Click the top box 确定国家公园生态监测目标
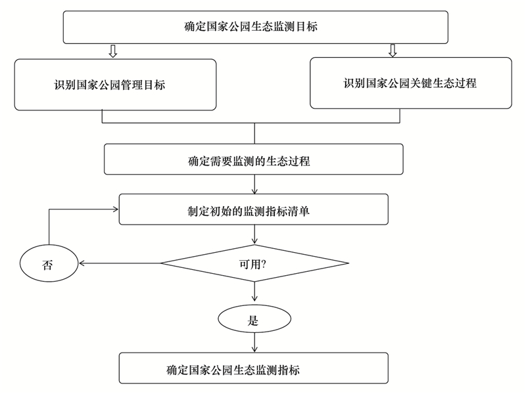[x=256, y=27]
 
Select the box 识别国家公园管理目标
[x=115, y=85]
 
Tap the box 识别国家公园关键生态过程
[x=410, y=83]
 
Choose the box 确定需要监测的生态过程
[x=254, y=159]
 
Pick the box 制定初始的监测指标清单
[x=254, y=209]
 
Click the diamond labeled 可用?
[x=254, y=263]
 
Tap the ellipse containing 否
[x=49, y=263]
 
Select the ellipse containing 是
[x=254, y=318]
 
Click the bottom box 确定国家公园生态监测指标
[x=254, y=368]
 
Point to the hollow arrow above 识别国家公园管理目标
[x=113, y=51]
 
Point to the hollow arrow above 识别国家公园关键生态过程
[x=393, y=51]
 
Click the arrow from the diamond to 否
[x=120, y=263]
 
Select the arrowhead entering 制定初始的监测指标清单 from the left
[x=116, y=209]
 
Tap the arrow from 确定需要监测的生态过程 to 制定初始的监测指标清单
[x=254, y=185]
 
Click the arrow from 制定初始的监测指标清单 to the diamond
[x=254, y=234]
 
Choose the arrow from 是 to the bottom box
[x=254, y=342]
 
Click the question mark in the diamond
[x=264, y=265]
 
